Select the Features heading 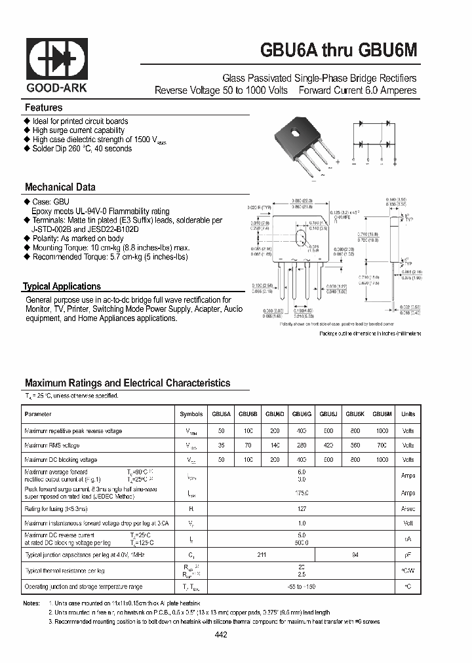click(x=44, y=107)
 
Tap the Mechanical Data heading click(x=60, y=187)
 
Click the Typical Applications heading click(x=62, y=286)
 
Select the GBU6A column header click(x=221, y=415)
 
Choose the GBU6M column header click(x=382, y=415)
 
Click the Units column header click(x=408, y=415)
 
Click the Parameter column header click(x=37, y=415)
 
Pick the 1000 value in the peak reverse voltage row click(x=382, y=431)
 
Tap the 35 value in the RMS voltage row click(x=221, y=445)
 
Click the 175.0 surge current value click(x=302, y=493)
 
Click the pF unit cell click(x=408, y=555)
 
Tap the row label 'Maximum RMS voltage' click(x=52, y=445)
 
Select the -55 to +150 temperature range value click(x=302, y=587)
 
